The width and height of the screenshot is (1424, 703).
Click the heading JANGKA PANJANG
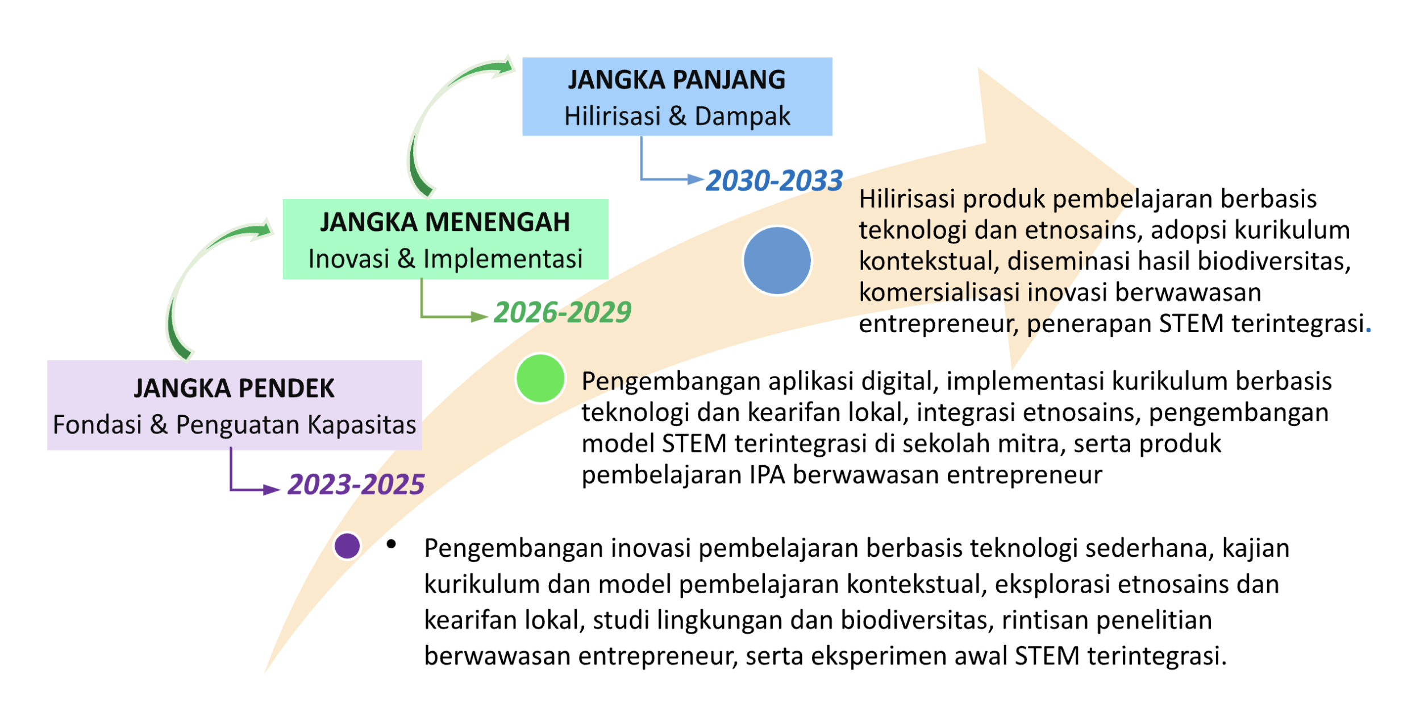click(x=676, y=80)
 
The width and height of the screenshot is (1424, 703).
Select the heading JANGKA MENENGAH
click(x=445, y=222)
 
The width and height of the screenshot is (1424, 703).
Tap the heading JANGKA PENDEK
click(x=234, y=388)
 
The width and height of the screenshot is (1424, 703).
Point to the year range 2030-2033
click(x=774, y=181)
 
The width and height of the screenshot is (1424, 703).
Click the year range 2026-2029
click(x=563, y=312)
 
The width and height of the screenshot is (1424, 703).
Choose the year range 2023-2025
click(x=356, y=485)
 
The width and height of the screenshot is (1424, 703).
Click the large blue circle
click(x=777, y=260)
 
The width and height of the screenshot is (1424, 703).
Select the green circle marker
click(x=540, y=378)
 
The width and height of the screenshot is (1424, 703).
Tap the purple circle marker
click(x=347, y=546)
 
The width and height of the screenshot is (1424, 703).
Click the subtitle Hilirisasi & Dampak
click(x=677, y=116)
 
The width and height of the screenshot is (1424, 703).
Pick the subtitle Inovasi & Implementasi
click(x=445, y=259)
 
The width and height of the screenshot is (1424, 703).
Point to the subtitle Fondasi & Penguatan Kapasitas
click(x=234, y=425)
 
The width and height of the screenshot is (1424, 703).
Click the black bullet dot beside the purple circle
click(x=391, y=544)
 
